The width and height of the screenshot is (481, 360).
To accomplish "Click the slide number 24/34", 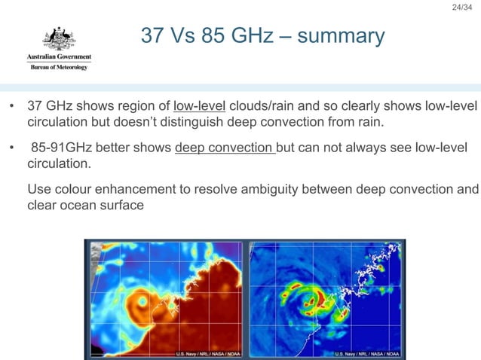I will point(461,8).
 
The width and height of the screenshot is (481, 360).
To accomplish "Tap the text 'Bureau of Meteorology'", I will point(59,67).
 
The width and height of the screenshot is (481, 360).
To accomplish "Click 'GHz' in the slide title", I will point(255,36).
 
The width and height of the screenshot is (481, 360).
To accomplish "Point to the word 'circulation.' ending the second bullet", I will point(57,163).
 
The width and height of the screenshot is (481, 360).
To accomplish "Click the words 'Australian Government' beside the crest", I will point(59,57).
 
